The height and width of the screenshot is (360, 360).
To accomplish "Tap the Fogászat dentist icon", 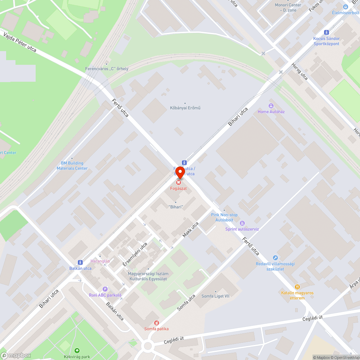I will click(x=179, y=183).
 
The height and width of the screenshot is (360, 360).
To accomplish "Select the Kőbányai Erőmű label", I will click(x=185, y=108).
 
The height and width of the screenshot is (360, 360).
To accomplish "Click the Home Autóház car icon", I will click(x=271, y=106).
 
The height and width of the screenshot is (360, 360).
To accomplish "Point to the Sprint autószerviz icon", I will click(x=242, y=224).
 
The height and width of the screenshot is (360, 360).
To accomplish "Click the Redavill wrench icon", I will click(x=275, y=258).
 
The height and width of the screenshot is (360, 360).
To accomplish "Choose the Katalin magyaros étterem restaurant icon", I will click(x=297, y=287).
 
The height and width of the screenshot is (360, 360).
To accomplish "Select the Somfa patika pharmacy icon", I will click(x=156, y=323).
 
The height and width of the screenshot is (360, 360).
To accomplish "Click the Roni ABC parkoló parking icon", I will click(x=105, y=289).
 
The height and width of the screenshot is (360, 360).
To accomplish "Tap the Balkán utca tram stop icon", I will click(x=80, y=262).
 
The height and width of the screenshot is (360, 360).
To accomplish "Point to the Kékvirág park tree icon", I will click(x=76, y=351).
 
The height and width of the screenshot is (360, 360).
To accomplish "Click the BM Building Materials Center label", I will click(x=72, y=166).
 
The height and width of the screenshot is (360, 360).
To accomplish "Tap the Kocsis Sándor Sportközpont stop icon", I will click(x=326, y=32).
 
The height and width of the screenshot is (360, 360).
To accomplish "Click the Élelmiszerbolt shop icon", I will click(x=346, y=7).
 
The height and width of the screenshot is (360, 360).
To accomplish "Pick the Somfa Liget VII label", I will click(x=215, y=296).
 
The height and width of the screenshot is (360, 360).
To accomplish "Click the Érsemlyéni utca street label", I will click(x=135, y=254).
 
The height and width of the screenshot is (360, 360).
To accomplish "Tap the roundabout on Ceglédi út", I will click(x=148, y=346).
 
